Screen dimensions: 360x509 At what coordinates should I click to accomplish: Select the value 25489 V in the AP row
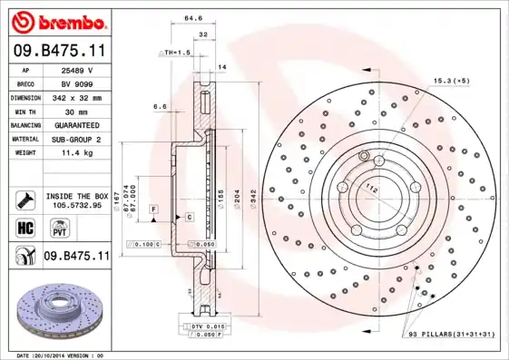pyautogui.click(x=78, y=69)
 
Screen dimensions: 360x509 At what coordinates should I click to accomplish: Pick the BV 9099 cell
pyautogui.click(x=78, y=83)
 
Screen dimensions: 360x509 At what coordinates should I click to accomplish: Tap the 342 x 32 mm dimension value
pyautogui.click(x=78, y=96)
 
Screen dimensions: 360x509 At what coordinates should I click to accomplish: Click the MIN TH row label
pyautogui.click(x=26, y=111)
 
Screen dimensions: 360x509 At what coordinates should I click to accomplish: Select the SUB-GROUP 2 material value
pyautogui.click(x=78, y=139)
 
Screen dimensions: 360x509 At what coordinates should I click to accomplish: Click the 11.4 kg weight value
pyautogui.click(x=78, y=152)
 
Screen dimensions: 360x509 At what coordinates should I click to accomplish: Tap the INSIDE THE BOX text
pyautogui.click(x=78, y=196)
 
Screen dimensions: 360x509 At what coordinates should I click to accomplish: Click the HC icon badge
pyautogui.click(x=25, y=227)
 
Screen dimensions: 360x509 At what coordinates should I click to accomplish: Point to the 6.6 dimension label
pyautogui.click(x=159, y=106)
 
